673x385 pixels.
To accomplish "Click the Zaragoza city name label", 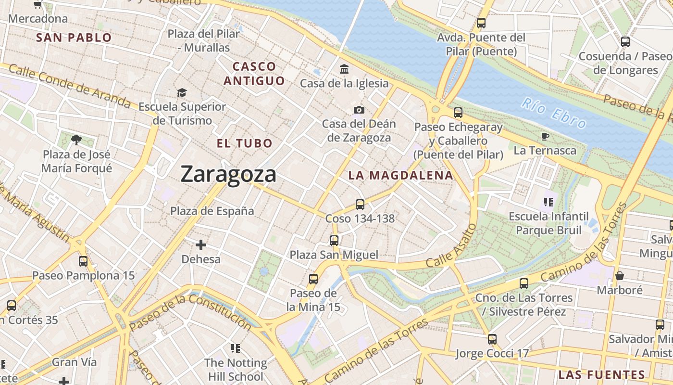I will [x=228, y=174].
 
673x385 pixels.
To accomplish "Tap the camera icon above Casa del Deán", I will [x=359, y=110].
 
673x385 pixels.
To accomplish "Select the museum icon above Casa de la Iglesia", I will [x=344, y=69].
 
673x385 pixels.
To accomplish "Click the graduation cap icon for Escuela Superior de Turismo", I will [x=182, y=92].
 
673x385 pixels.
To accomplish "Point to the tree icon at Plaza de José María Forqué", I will [x=76, y=140].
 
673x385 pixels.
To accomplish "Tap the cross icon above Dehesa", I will [x=201, y=245].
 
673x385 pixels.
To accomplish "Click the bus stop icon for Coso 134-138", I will [x=360, y=205].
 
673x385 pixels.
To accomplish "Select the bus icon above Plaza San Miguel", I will [x=334, y=240].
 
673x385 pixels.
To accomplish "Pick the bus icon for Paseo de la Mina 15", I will [x=313, y=279].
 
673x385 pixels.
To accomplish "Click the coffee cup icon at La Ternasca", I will [x=545, y=137].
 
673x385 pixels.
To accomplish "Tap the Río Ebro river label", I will [x=554, y=113].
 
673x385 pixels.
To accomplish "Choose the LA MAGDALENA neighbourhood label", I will [x=401, y=176].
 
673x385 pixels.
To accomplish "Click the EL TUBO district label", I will [x=244, y=143].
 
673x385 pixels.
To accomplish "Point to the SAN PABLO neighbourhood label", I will [x=74, y=38].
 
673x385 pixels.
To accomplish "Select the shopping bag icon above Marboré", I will [x=620, y=276].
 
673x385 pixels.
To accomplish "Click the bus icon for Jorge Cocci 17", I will [x=492, y=339].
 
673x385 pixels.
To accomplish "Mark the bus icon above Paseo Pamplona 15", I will [x=83, y=261].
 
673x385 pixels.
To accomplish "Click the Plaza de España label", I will [x=212, y=211].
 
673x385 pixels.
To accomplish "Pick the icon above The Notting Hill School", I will [x=235, y=348].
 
